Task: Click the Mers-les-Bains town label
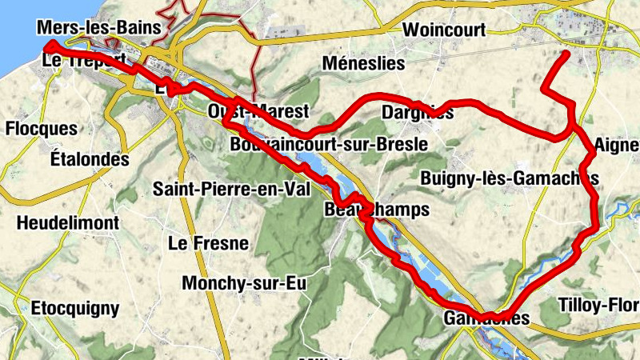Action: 99,28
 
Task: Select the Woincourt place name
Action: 445,30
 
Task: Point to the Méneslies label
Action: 363,63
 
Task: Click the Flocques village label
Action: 41,129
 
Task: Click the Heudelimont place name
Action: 67,222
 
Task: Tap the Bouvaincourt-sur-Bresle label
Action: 327,146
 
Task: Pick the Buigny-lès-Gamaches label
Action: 509,177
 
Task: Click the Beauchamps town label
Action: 377,210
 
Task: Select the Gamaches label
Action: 486,318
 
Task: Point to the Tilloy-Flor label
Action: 599,305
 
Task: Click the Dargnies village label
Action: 418,113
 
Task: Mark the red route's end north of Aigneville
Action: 566,54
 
